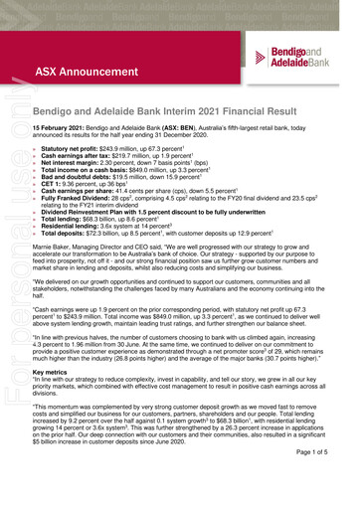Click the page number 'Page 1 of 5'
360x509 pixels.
click(x=320, y=481)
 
